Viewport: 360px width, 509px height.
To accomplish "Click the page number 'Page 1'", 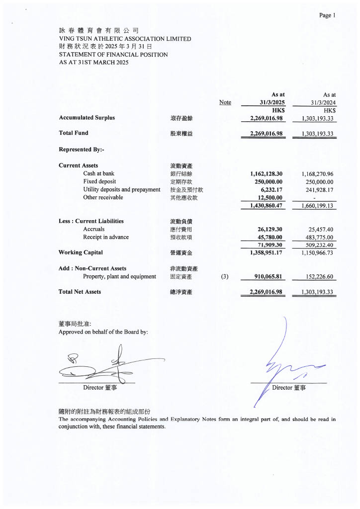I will tap(327, 15).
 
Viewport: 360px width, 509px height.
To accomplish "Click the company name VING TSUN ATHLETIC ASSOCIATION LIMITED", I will tap(125, 39).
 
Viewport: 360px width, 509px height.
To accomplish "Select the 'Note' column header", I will tap(225, 102).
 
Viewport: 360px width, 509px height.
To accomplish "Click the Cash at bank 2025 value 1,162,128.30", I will tap(266, 174).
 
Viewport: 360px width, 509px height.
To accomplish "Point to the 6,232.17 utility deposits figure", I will tap(271, 189).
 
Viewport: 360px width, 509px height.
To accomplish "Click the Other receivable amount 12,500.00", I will tap(269, 197).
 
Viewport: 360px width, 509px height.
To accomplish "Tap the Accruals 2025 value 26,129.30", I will tap(270, 229).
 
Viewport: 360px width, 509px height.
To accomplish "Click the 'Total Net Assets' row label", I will tap(80, 292).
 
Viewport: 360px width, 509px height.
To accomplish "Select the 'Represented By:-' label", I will tap(81, 149).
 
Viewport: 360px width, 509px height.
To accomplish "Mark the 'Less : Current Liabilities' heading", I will tap(91, 221).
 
